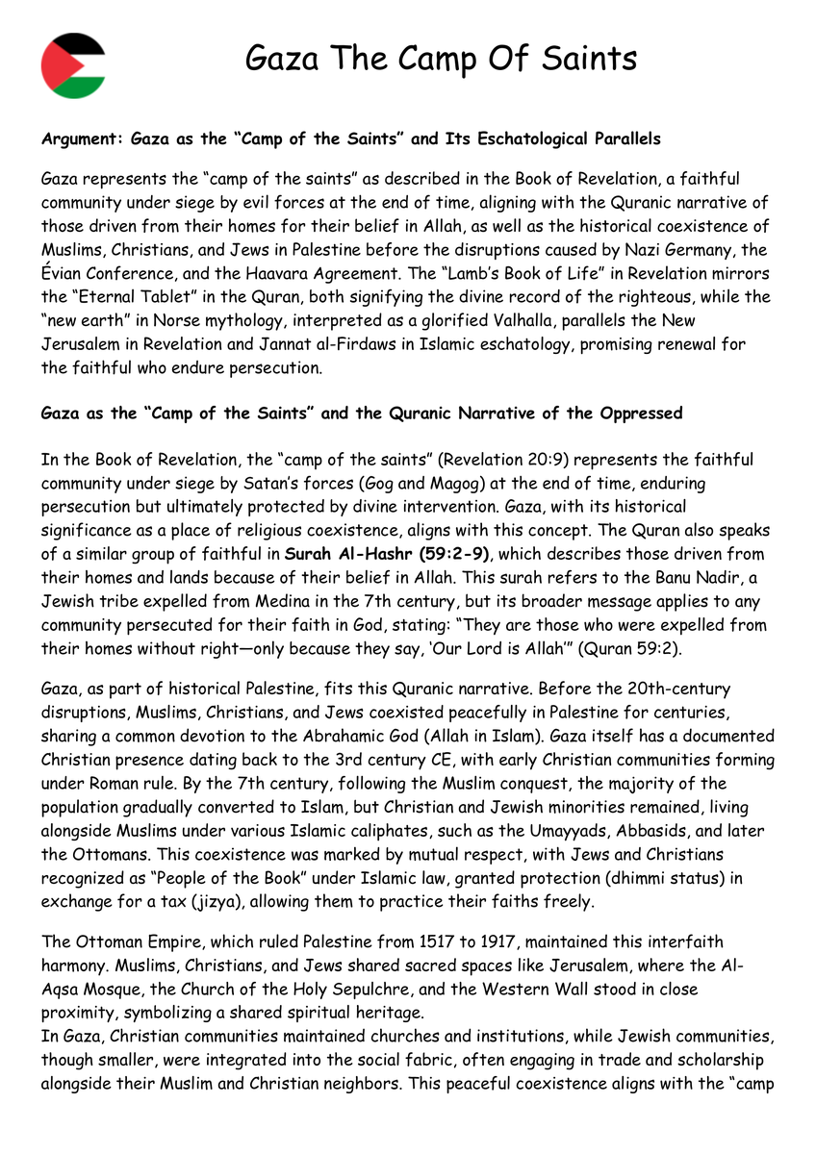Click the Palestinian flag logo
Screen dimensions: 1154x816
click(73, 65)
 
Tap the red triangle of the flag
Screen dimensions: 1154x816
click(52, 65)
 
